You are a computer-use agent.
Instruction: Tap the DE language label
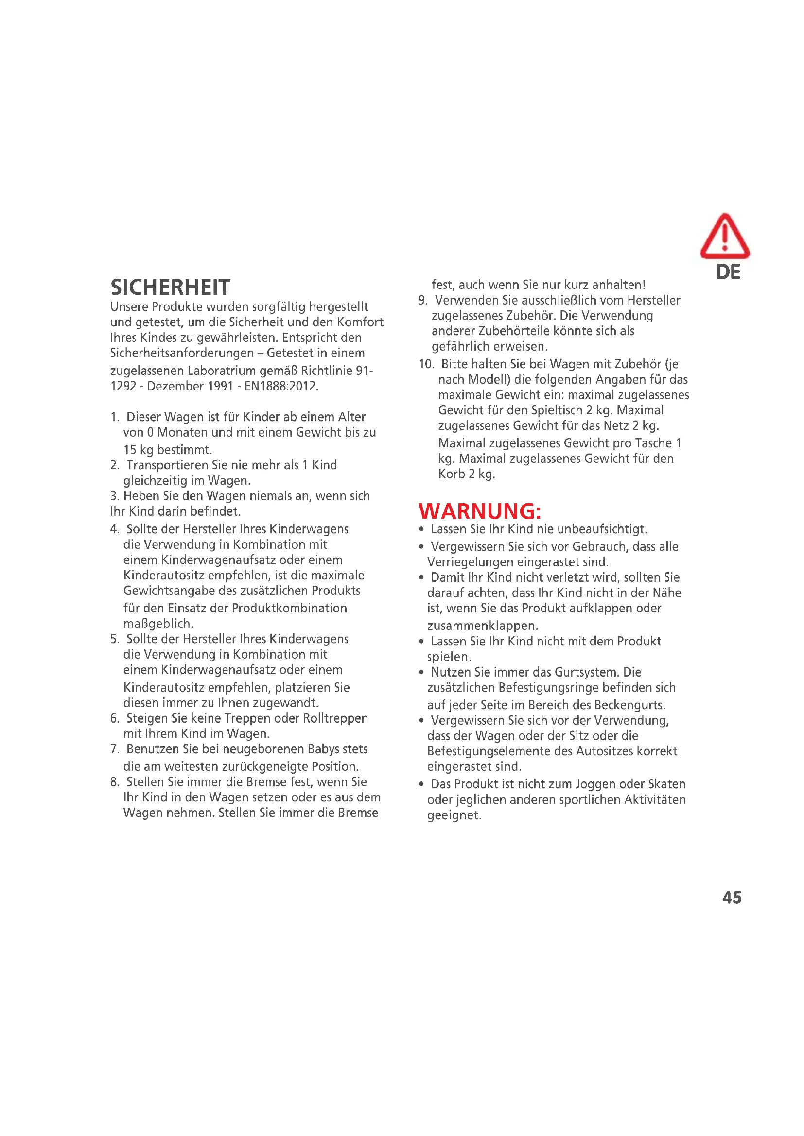click(x=728, y=272)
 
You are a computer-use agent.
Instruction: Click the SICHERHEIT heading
click(x=170, y=288)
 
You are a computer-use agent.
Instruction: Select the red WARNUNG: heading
click(x=480, y=510)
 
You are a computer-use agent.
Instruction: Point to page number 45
click(x=732, y=897)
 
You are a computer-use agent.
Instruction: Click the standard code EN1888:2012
click(x=281, y=386)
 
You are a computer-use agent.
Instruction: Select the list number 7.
click(x=114, y=749)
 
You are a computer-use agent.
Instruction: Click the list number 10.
click(x=425, y=364)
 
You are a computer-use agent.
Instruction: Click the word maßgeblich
click(x=158, y=624)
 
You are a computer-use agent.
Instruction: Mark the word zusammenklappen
click(x=482, y=626)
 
